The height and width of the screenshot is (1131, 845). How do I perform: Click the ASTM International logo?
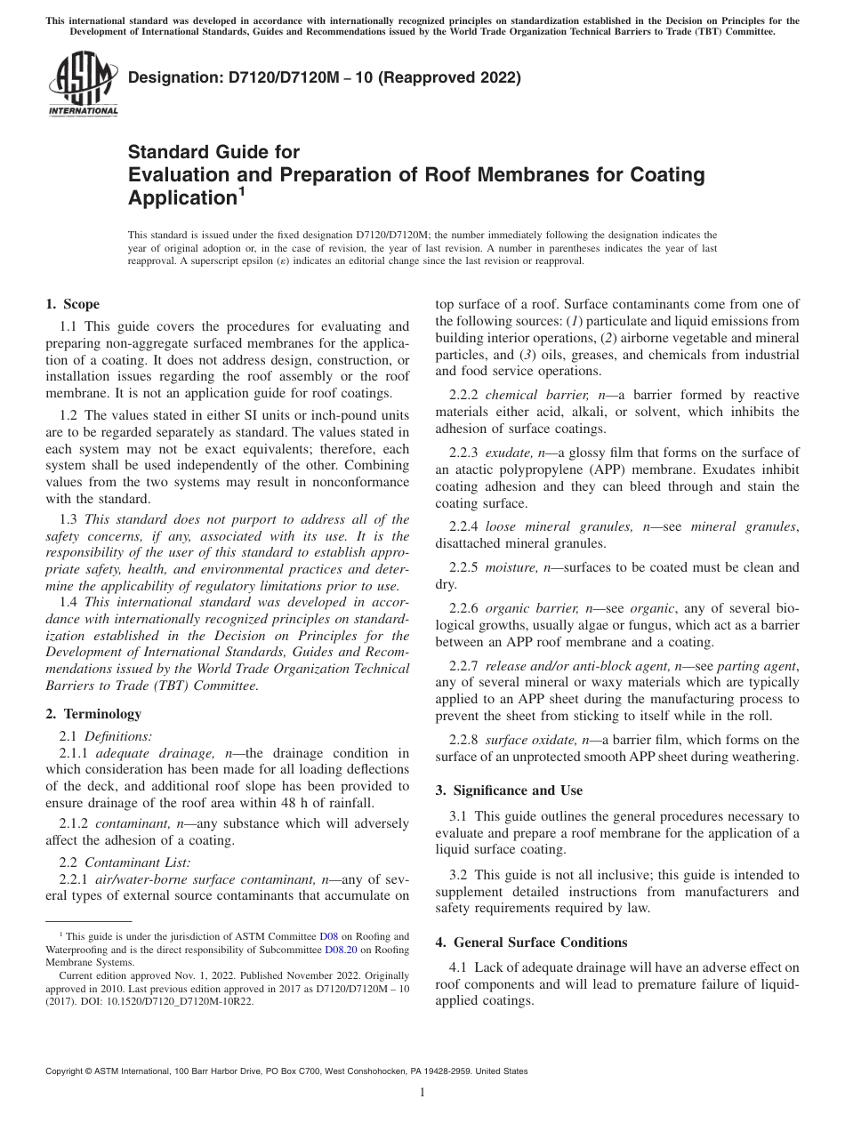(x=82, y=86)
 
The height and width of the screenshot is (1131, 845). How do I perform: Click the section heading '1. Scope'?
(x=72, y=304)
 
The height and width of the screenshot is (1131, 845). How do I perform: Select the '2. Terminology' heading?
(x=93, y=714)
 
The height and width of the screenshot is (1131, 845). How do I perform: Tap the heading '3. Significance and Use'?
(x=509, y=790)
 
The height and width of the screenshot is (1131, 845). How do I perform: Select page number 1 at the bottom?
(x=422, y=1093)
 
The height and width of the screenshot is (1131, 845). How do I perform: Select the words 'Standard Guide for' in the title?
(x=213, y=152)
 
